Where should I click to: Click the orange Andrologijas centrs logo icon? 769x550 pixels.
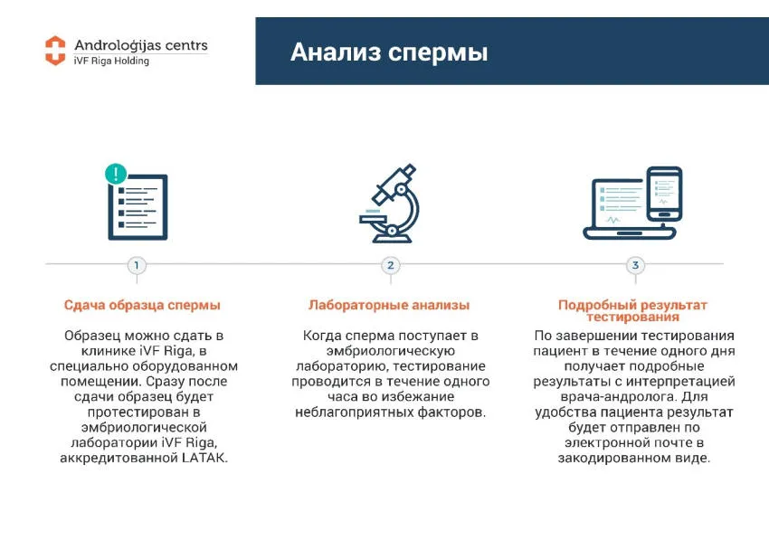(55, 51)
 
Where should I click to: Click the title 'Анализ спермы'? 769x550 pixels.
(389, 52)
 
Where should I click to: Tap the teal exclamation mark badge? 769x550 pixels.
(116, 174)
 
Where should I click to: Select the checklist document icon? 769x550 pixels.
(138, 207)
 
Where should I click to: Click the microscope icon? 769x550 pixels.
(390, 204)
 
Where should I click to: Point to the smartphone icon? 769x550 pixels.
(664, 194)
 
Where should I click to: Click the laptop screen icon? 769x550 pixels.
(619, 206)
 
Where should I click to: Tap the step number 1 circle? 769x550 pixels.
(137, 265)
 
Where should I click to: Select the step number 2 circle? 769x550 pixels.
(391, 265)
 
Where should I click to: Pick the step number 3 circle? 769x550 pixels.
(635, 265)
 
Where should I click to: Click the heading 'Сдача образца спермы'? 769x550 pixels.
(142, 305)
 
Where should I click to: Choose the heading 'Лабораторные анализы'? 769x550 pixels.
(389, 305)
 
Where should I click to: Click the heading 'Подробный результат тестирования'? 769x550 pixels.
(632, 311)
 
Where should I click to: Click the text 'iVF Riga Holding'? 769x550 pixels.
(111, 61)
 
